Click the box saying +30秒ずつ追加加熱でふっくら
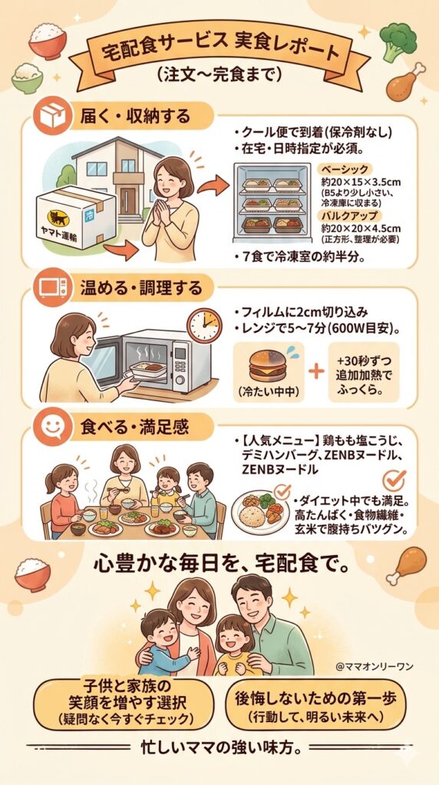[x=363, y=371]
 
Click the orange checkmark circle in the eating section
[x=394, y=479]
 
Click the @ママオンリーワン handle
[x=375, y=666]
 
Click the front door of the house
[x=127, y=200]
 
